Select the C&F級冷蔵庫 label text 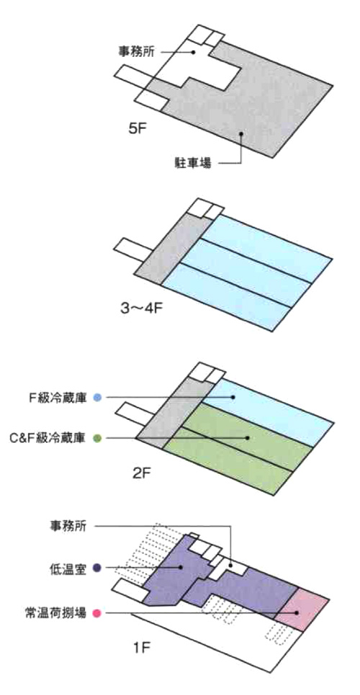(50, 439)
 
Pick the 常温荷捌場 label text (55, 614)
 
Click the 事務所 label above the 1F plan (66, 526)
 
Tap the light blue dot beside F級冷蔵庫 (98, 398)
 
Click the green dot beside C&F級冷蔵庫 (98, 439)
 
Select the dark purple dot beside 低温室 (97, 568)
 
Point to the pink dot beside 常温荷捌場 (97, 614)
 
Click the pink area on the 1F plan (302, 609)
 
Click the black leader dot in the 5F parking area (240, 133)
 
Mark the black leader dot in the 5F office (194, 52)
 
